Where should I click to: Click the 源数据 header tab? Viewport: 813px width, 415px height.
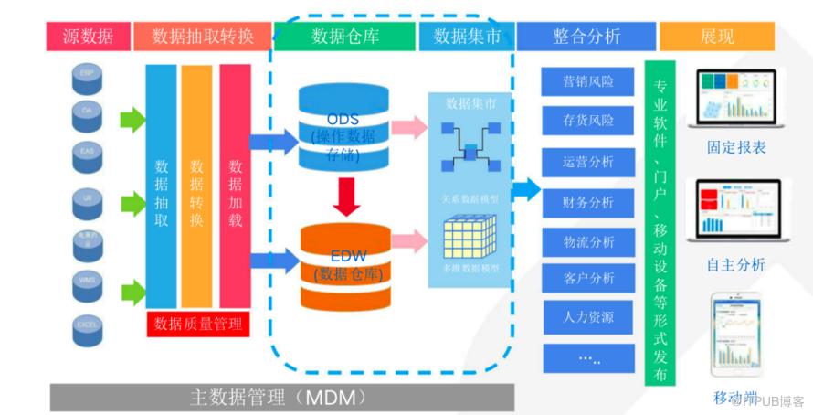tap(88, 37)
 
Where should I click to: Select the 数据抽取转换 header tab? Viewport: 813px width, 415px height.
tap(203, 37)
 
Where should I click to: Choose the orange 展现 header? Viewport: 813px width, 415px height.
tap(716, 37)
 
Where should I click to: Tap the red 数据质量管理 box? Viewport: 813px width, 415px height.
tap(198, 323)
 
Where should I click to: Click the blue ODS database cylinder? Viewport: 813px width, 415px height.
tap(343, 127)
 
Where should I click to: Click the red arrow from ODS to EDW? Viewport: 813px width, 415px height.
tap(344, 194)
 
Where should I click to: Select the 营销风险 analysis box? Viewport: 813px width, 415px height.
tap(588, 81)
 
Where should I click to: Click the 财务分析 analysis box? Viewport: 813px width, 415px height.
tap(588, 202)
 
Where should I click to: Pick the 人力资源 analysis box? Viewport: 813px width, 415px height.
tap(588, 317)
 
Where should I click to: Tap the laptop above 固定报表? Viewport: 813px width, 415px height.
tap(736, 99)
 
